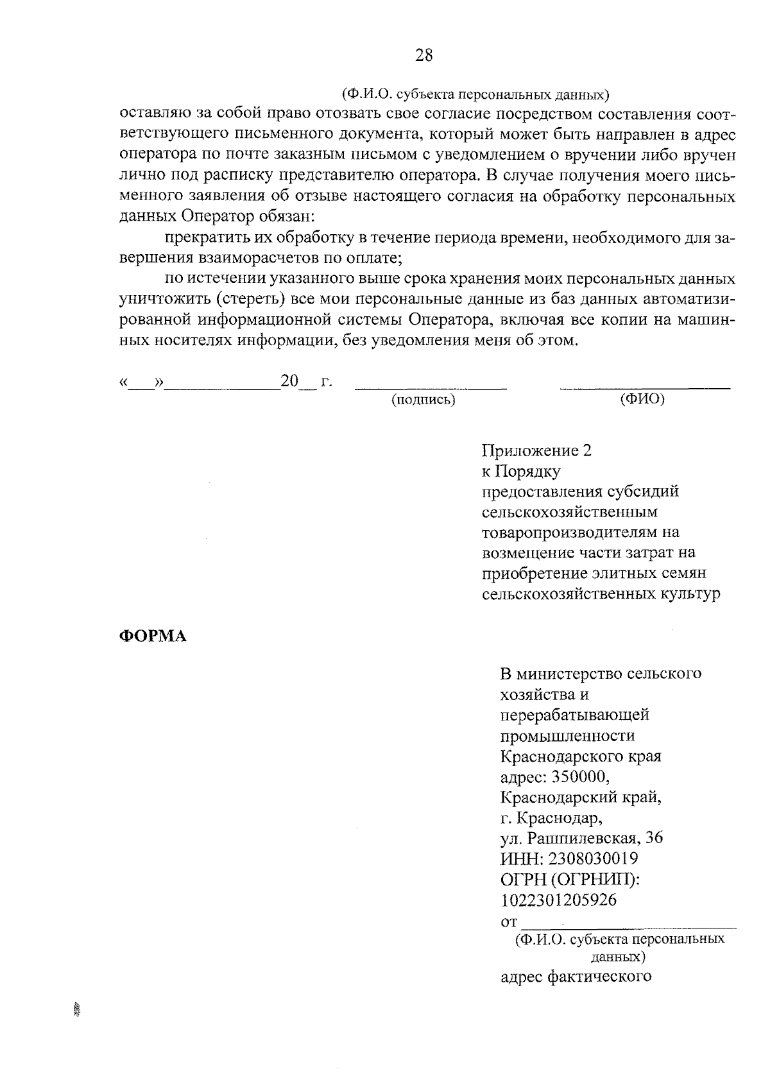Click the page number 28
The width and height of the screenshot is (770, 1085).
(424, 56)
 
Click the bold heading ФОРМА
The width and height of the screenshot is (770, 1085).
(153, 636)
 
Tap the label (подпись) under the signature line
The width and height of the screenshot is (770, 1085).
(423, 400)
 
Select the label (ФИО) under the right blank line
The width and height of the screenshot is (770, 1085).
(642, 400)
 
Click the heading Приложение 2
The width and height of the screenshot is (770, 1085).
(536, 451)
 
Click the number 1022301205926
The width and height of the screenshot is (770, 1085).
(558, 900)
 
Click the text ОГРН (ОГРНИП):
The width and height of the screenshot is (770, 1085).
(570, 879)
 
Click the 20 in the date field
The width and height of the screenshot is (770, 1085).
(289, 382)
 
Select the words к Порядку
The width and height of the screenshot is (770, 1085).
(521, 472)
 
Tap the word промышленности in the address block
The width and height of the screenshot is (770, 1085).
(567, 735)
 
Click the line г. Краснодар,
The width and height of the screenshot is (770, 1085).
(551, 818)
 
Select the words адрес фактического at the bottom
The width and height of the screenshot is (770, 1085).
(576, 977)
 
